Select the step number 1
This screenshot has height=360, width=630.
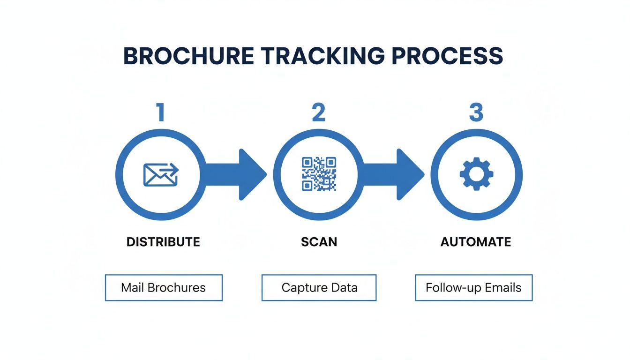pos(161,113)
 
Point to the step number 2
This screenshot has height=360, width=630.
pos(318,113)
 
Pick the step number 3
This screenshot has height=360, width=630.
pos(476,113)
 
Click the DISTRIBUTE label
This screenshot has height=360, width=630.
pos(163,242)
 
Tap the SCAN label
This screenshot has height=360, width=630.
pos(319,242)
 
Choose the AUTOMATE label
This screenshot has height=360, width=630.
pos(476,242)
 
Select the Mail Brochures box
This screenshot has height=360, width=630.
pos(164,287)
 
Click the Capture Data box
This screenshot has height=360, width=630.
pos(319,287)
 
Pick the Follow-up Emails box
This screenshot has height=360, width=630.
pos(473,287)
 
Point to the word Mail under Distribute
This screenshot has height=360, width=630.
pos(132,287)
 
